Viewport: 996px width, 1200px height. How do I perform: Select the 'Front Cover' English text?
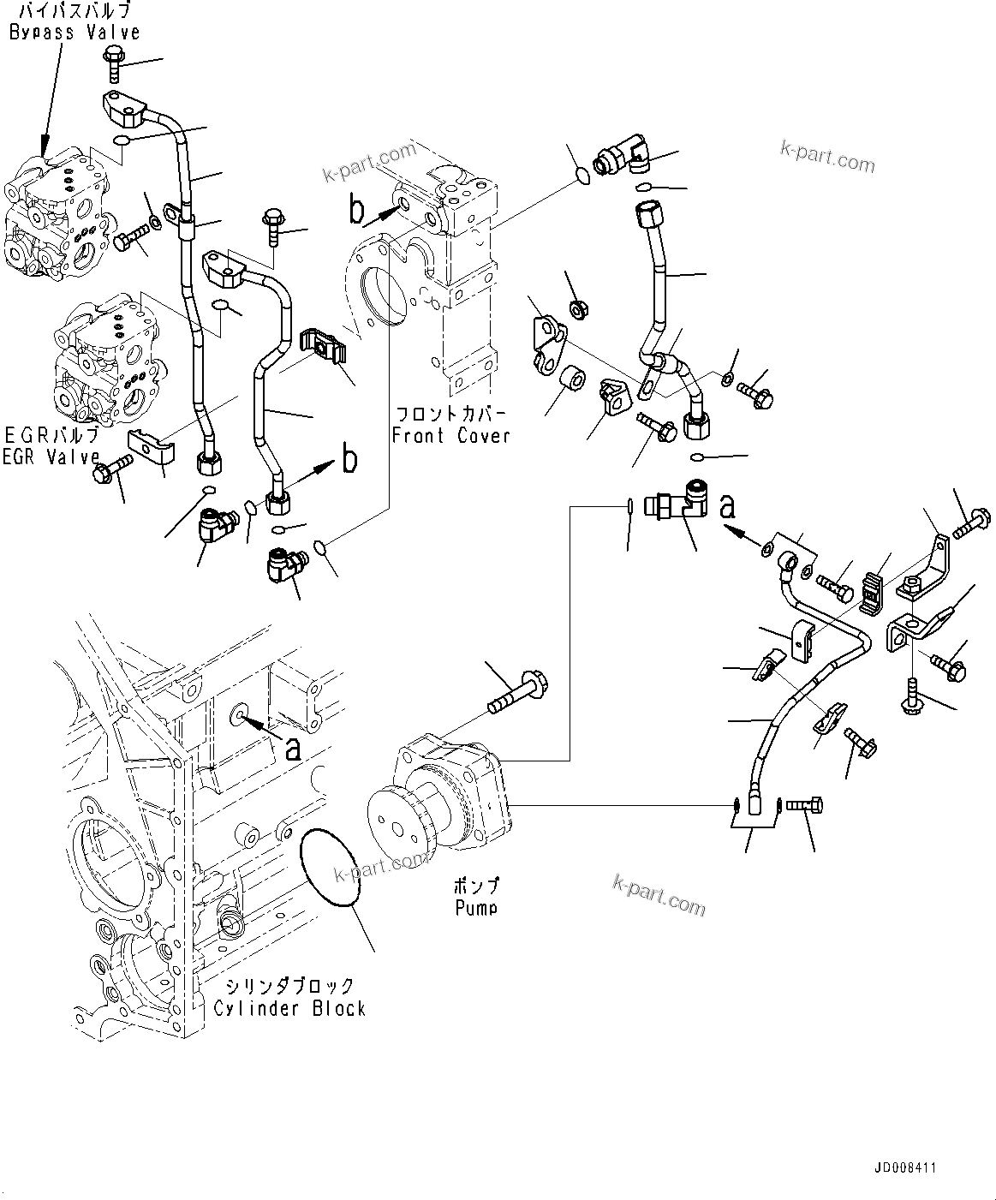tap(450, 436)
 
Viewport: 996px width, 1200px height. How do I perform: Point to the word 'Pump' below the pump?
tap(476, 907)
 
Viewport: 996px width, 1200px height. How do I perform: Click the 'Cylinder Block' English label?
tap(289, 1008)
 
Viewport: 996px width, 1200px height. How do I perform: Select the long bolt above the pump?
tap(518, 691)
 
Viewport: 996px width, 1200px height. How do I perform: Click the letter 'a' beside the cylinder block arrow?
tap(293, 749)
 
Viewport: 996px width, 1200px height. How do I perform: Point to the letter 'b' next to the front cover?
tap(356, 208)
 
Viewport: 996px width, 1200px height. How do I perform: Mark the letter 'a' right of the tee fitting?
tap(727, 507)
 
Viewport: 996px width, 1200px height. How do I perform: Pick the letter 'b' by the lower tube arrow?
tap(349, 460)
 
